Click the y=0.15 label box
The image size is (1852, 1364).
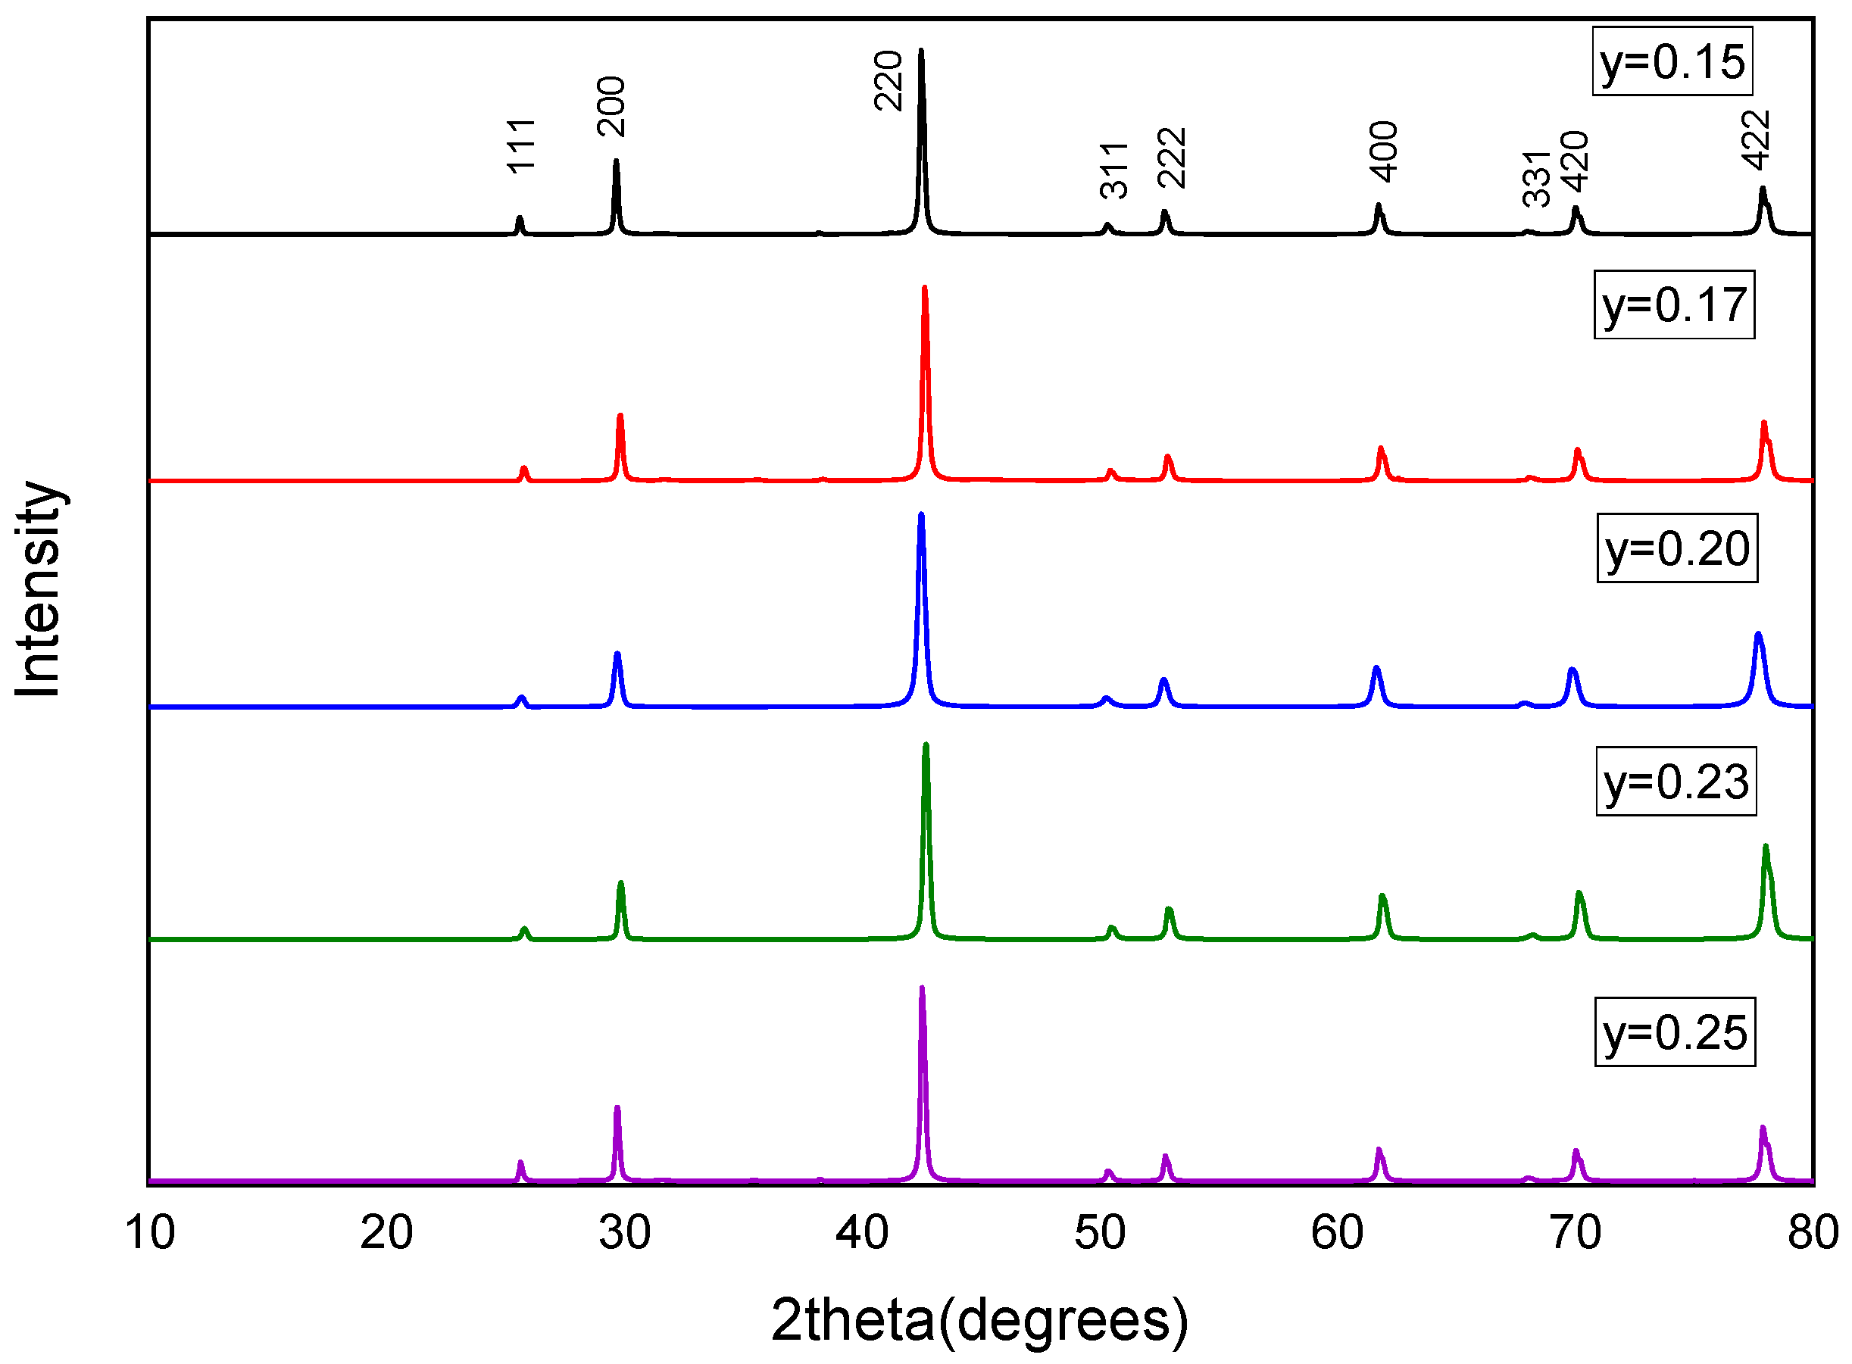tap(1671, 62)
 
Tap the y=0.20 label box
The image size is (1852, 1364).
tap(1676, 548)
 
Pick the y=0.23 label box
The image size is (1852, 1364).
tap(1676, 781)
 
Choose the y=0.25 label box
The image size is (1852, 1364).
tap(1674, 1033)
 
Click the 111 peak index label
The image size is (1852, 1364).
tap(522, 146)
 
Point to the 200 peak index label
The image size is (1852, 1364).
tap(612, 107)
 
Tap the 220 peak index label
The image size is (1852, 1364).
tap(889, 81)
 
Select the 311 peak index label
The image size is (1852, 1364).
tap(1115, 171)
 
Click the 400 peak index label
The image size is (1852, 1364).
tap(1384, 152)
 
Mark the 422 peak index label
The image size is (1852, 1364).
tap(1757, 140)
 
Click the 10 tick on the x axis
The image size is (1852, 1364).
tap(149, 1233)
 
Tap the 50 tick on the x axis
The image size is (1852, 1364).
tap(1100, 1233)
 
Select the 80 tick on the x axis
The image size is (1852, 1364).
tap(1813, 1233)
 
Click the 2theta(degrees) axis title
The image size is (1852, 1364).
tap(979, 1319)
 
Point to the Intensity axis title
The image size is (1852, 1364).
tap(38, 589)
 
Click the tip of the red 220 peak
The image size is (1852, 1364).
tap(925, 287)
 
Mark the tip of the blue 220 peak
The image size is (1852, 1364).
tap(922, 514)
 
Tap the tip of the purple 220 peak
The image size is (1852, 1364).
tap(922, 988)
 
